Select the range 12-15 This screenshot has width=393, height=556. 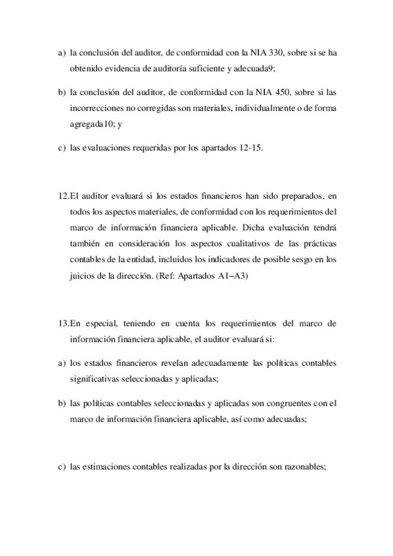pyautogui.click(x=250, y=149)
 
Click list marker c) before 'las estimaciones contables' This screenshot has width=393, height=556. pyautogui.click(x=60, y=467)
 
